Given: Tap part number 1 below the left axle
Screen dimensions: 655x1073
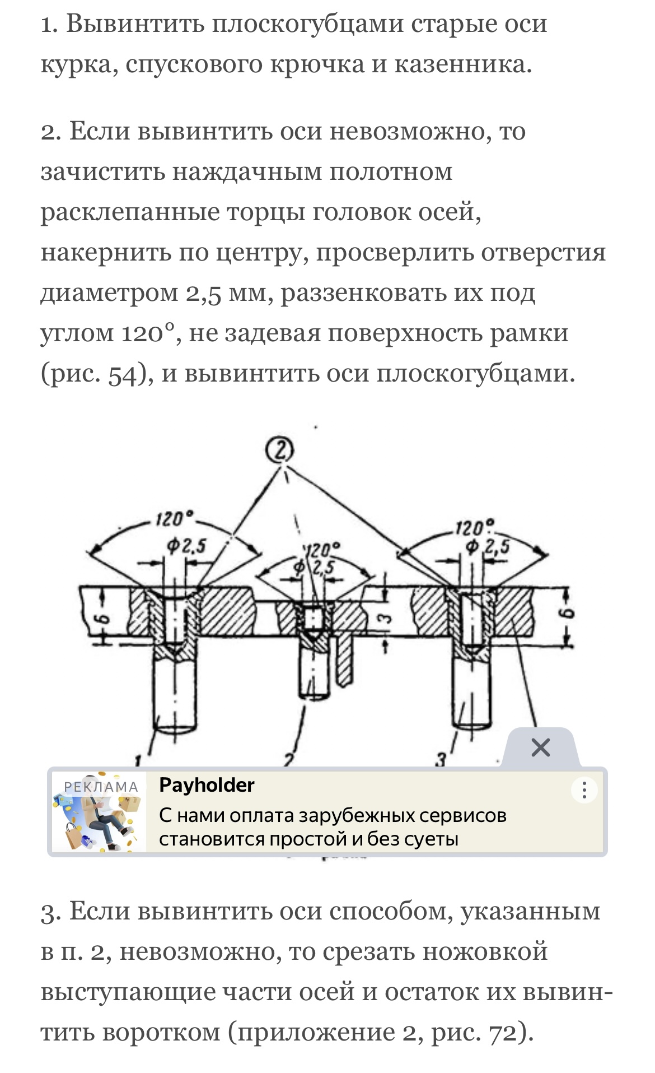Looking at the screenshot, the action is coord(139,761).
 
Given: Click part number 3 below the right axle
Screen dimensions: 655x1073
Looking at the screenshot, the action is coord(442,760).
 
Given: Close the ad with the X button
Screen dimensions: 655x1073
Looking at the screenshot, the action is coord(540,747).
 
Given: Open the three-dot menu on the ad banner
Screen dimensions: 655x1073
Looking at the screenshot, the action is coord(584,790).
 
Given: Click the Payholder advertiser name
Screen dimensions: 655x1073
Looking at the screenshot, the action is coord(207,786).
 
